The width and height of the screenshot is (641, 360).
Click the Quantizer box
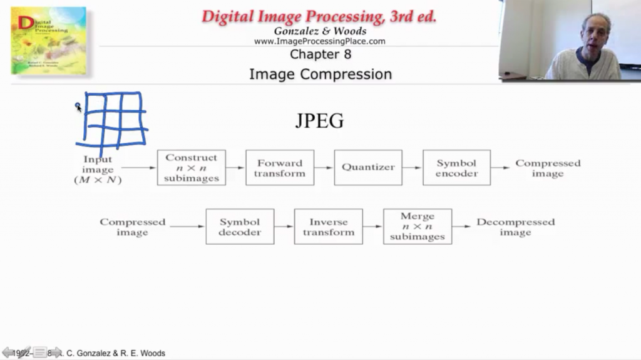368,167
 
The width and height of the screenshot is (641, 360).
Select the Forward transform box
280,167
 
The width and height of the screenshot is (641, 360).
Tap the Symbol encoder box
456,167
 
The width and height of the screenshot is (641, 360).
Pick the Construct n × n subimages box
192,167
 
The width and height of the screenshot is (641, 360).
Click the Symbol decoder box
240,227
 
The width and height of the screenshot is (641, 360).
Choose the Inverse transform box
328,227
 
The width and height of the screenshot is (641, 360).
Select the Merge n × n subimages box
417,227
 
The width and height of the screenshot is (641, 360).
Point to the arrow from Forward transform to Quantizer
324,168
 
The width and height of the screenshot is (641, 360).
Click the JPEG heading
319,121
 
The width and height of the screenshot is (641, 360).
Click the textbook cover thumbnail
48,40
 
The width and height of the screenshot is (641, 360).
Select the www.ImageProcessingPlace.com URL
319,41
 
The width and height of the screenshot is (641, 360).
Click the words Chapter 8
320,54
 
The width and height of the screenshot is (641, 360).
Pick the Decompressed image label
515,227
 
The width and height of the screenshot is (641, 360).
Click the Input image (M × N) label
98,170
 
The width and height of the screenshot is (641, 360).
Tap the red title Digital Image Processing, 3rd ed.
319,17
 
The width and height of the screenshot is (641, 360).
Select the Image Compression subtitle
320,74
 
